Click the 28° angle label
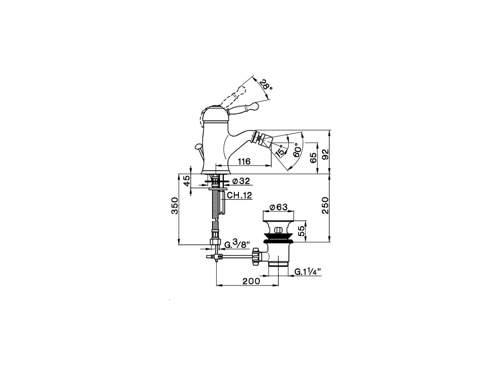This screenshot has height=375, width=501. pyautogui.click(x=266, y=84)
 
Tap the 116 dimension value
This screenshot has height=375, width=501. pyautogui.click(x=243, y=161)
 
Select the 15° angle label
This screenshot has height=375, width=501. pyautogui.click(x=279, y=150)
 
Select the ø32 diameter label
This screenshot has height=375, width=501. pyautogui.click(x=241, y=181)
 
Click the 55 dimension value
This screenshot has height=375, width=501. pyautogui.click(x=301, y=231)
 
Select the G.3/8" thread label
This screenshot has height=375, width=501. pyautogui.click(x=236, y=245)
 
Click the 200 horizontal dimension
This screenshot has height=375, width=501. pyautogui.click(x=251, y=281)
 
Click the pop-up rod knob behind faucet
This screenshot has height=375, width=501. pyautogui.click(x=198, y=147)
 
